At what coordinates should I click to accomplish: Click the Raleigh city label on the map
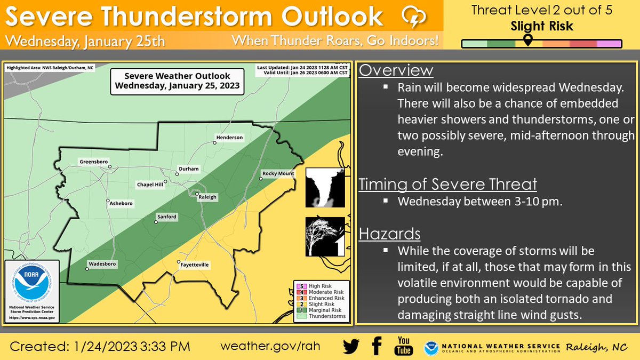coord(207,197)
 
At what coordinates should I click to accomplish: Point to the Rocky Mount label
coord(278,173)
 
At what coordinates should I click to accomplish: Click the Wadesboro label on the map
coord(102,263)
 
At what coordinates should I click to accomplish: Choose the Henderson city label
coord(229,138)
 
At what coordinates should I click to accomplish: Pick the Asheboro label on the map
coord(121,203)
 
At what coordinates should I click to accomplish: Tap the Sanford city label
coord(166,217)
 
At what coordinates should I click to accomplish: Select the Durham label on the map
coord(189,169)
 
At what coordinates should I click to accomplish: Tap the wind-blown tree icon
coord(325,236)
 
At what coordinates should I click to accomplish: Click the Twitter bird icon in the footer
coord(351,346)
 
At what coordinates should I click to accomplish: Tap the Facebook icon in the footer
coord(377,346)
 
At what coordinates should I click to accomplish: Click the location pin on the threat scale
coord(527,41)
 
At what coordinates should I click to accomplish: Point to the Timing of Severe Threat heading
coord(447,185)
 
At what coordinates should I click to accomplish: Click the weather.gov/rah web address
coord(270,346)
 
